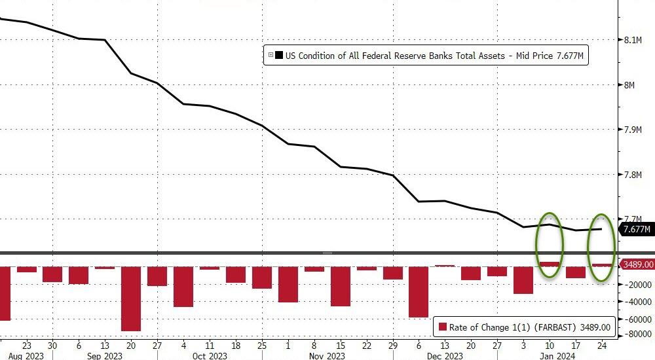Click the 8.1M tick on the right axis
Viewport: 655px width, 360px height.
pos(632,40)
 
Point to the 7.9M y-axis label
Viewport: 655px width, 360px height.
pos(632,130)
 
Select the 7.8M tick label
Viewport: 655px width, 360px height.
pos(632,175)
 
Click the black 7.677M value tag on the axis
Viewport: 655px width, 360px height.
pos(637,229)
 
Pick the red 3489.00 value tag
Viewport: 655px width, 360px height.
pos(637,264)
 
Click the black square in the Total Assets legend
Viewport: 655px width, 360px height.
pos(279,56)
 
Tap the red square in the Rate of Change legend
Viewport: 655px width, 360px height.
pos(443,327)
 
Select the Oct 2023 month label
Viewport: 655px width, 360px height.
pos(209,355)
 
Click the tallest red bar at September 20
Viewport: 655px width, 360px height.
pos(131,298)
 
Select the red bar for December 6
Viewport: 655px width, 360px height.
pos(419,291)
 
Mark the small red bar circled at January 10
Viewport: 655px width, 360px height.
pos(550,264)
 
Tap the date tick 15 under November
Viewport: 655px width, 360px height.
pos(340,344)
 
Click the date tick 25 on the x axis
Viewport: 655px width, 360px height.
pos(261,344)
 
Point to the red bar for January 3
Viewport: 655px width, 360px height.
pos(523,279)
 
